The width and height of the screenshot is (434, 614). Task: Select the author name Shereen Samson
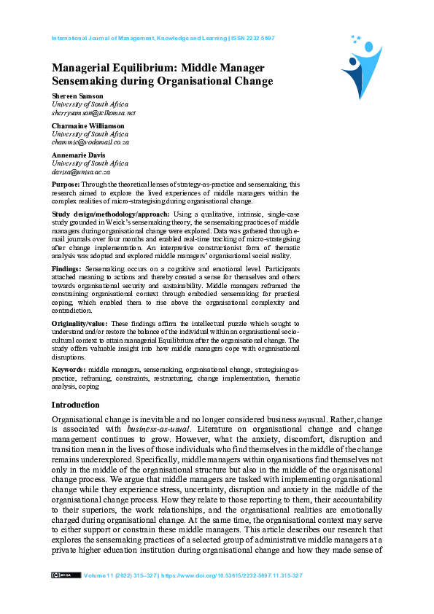click(78, 96)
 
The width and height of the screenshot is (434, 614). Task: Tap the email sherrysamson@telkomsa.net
click(93, 113)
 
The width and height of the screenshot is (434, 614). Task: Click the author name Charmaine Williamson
click(88, 126)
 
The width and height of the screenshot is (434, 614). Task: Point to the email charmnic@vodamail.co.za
click(90, 143)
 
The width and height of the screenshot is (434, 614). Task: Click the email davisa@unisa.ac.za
click(80, 172)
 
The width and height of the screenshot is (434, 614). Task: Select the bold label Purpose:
click(67, 185)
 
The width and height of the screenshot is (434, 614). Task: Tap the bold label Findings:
click(67, 269)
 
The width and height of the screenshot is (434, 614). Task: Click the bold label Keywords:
click(69, 370)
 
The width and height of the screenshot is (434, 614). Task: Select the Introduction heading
click(75, 405)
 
